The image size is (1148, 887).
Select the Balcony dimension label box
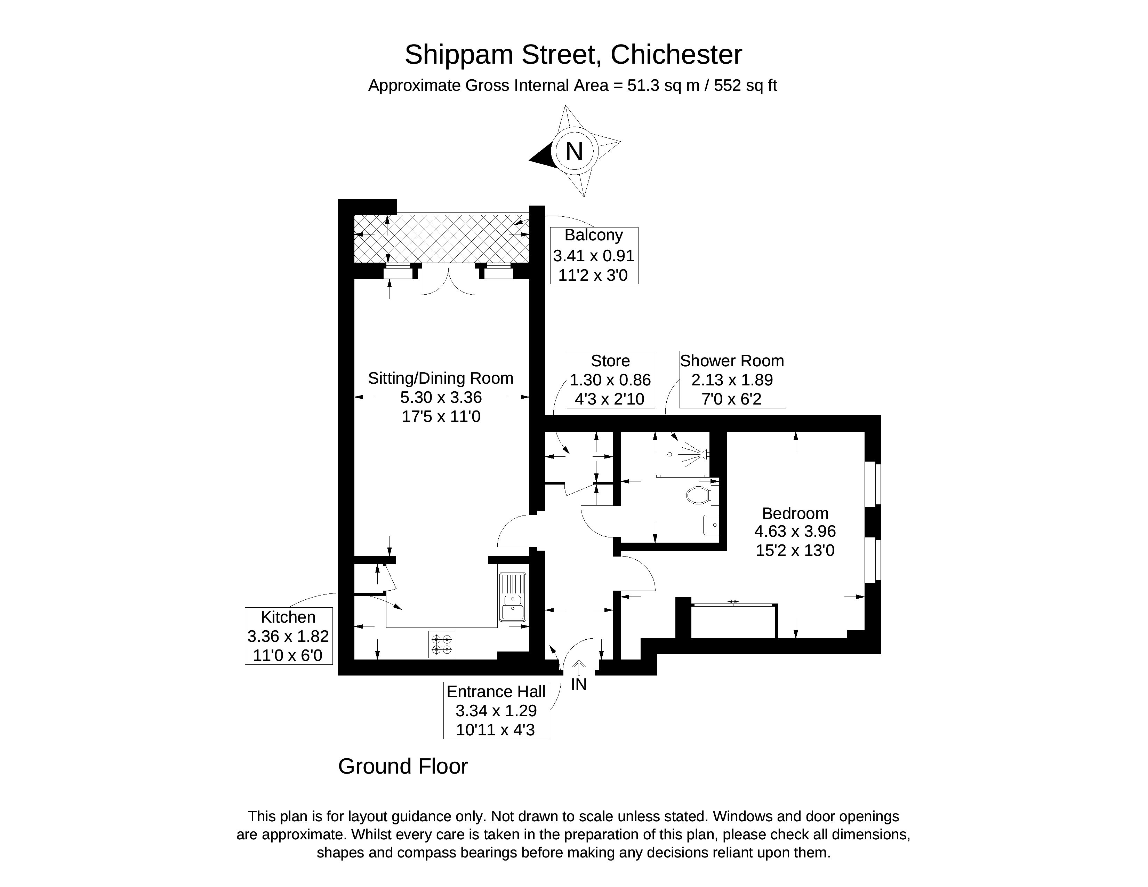tap(594, 256)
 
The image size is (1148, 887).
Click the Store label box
tap(610, 379)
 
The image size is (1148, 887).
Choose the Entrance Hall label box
tap(496, 710)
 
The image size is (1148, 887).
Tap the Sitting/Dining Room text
tap(441, 378)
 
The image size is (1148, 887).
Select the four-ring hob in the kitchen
tap(442, 645)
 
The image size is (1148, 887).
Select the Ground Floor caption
tap(403, 767)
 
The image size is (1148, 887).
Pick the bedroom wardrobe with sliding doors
tap(734, 621)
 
